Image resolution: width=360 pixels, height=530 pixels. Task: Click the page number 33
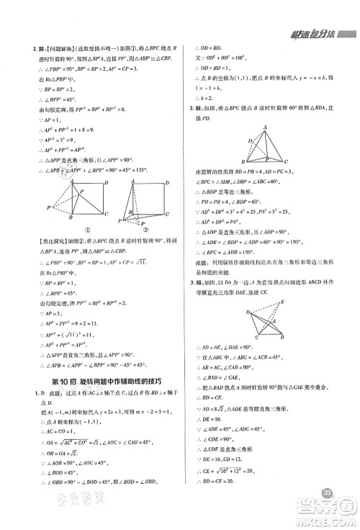327,492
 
